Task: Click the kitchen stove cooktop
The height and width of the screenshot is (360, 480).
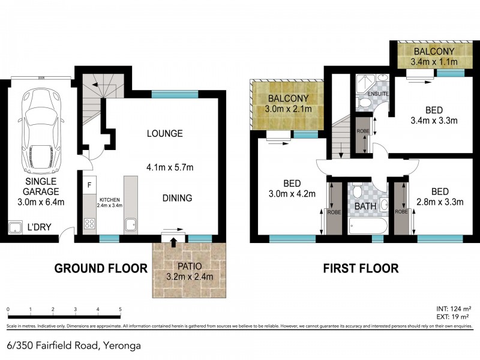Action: point(89,224)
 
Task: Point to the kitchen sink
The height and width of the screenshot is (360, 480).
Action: point(130,226)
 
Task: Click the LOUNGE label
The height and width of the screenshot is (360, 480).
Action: point(164,133)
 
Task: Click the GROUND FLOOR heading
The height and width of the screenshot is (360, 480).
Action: point(101,268)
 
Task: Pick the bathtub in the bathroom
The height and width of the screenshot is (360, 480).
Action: point(367,227)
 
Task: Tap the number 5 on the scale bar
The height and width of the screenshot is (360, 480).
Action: point(121,310)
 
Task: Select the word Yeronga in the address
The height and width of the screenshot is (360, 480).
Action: point(125,345)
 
